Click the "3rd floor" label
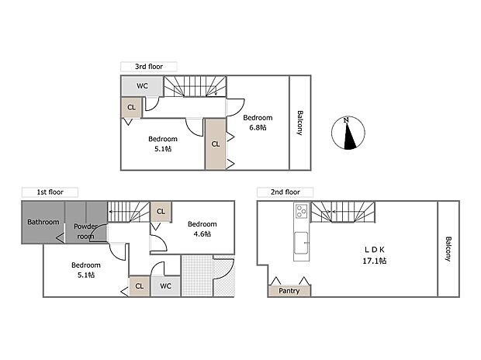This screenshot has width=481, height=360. click(149, 67)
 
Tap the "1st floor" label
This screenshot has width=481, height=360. click(50, 191)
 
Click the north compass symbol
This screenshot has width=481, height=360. click(348, 133)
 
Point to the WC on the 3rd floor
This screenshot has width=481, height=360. click(143, 85)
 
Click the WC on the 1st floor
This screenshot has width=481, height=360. click(165, 286)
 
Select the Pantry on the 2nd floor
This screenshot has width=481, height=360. click(289, 291)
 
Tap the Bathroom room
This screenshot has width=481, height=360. click(43, 222)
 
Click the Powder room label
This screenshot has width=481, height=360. click(85, 231)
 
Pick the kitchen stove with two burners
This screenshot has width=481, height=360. click(301, 212)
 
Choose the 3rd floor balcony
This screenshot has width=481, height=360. click(299, 123)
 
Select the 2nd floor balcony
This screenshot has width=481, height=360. click(448, 248)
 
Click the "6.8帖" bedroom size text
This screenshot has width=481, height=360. click(257, 127)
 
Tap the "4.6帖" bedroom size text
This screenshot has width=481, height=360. click(202, 233)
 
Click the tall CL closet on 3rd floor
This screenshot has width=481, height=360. click(215, 144)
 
